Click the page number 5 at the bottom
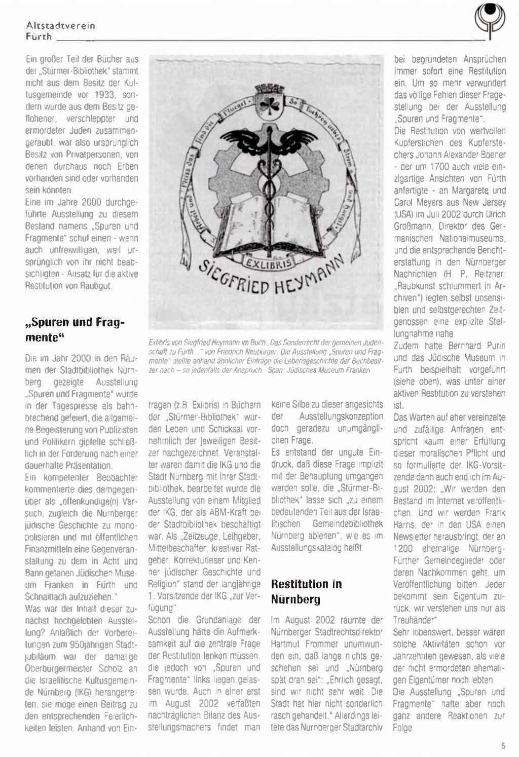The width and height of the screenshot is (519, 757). click(x=503, y=745)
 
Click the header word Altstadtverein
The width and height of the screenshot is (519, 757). click(x=61, y=25)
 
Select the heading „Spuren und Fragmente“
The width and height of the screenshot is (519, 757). click(x=75, y=329)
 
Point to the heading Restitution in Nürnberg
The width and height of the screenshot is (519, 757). click(x=306, y=591)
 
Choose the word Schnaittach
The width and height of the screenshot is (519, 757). click(x=49, y=596)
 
